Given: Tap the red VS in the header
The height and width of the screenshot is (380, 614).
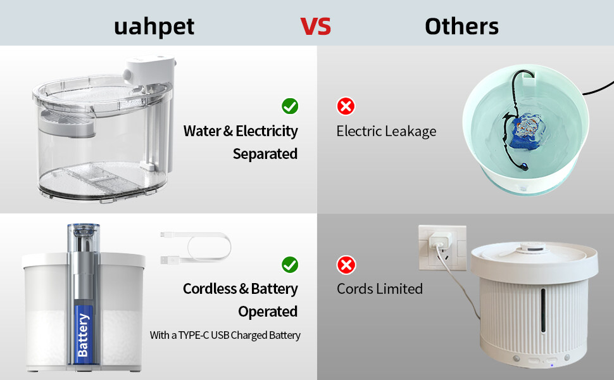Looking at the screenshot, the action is [316, 27].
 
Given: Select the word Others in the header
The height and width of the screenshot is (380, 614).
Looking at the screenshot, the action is [461, 27].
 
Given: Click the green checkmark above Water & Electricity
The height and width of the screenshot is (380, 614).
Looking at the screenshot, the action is [290, 106].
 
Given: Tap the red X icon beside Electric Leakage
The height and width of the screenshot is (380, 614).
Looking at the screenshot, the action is [346, 106].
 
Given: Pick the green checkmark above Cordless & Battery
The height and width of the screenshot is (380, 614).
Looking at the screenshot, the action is [290, 265].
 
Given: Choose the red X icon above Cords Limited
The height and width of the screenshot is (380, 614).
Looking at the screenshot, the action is [346, 265].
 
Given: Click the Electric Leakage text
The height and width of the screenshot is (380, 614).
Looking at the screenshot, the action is [386, 131].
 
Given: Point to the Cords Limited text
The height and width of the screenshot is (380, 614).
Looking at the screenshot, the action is [379, 289].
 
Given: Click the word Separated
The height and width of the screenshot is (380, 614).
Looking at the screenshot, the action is [265, 153].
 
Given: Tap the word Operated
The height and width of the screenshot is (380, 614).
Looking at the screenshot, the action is [268, 312].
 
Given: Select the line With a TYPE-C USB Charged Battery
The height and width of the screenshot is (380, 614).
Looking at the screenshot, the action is [225, 335].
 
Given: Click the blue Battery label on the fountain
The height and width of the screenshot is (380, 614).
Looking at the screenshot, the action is [84, 335].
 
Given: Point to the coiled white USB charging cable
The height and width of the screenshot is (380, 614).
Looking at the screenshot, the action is [196, 248].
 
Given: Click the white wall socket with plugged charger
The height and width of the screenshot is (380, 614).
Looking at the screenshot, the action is [442, 248].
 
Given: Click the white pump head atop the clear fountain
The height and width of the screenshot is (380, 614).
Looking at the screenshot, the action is [149, 69].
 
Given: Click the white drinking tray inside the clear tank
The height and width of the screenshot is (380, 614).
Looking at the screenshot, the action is [67, 123].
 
